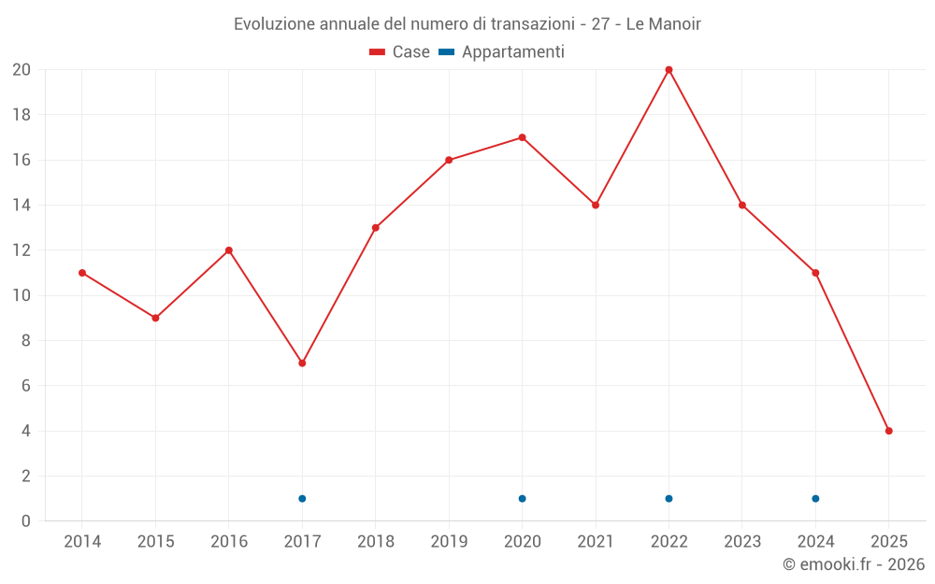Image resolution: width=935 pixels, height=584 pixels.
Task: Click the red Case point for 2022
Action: (669, 70)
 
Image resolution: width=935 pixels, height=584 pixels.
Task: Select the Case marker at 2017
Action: (302, 363)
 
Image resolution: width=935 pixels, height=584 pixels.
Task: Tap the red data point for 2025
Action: (888, 431)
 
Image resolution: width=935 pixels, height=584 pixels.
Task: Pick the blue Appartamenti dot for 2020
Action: (522, 498)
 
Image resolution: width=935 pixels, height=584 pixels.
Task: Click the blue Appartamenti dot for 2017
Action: (302, 498)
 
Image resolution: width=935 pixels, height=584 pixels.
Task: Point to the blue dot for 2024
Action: (815, 498)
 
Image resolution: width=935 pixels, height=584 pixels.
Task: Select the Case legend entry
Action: (399, 52)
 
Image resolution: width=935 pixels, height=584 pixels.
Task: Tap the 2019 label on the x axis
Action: (449, 542)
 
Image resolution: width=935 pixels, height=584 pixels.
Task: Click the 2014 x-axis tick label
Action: (82, 542)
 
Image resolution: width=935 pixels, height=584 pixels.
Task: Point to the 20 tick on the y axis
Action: (22, 70)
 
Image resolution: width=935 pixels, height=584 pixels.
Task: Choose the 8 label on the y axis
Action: (26, 341)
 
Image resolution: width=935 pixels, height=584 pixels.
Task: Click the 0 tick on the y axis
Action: (26, 521)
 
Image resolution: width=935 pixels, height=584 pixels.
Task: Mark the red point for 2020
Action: (522, 137)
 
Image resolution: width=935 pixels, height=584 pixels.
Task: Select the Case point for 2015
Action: (155, 318)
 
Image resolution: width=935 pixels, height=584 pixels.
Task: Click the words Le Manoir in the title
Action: (663, 24)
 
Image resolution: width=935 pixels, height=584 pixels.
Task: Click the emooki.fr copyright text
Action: (854, 564)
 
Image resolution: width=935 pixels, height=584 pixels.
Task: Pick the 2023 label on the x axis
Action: (742, 542)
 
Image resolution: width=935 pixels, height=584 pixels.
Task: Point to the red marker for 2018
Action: (375, 227)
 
